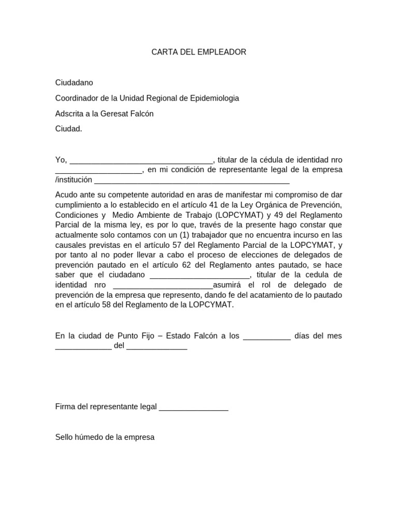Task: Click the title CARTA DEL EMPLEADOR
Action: tap(198, 52)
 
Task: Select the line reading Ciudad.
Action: tap(68, 129)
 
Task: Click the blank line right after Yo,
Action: tap(141, 160)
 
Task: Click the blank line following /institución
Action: tap(192, 180)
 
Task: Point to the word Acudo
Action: tap(65, 195)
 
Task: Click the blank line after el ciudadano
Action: tap(200, 275)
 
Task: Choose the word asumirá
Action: tap(229, 285)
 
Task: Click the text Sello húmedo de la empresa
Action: tap(105, 437)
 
